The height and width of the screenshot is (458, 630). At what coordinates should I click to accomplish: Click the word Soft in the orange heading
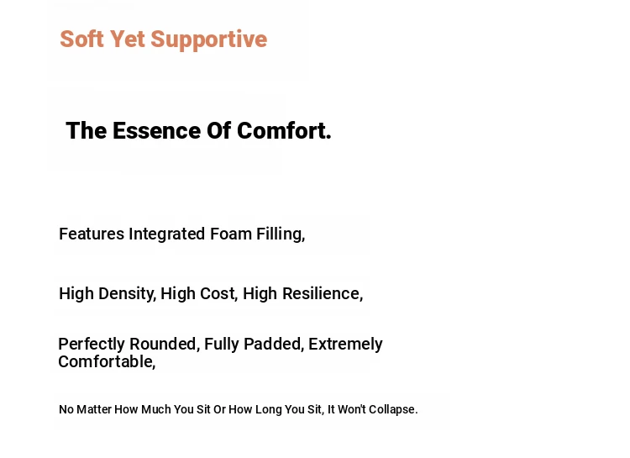[x=81, y=39]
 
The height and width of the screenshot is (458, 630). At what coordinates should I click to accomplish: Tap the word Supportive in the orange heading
[x=209, y=40]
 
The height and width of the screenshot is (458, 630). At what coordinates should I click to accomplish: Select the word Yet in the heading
[x=127, y=39]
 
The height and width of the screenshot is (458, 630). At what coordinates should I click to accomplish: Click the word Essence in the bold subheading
[x=157, y=131]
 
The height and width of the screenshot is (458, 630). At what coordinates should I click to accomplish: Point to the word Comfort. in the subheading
[x=284, y=131]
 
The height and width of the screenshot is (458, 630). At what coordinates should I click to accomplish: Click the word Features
[x=92, y=234]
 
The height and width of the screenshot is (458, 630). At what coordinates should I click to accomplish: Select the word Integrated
[x=167, y=234]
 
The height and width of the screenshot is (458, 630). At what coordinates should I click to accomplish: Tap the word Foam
[x=231, y=234]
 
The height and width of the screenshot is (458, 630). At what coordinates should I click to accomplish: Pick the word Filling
[x=281, y=234]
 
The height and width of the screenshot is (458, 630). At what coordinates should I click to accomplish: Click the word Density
[x=127, y=294]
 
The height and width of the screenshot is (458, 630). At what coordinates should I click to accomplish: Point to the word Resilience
[x=323, y=294]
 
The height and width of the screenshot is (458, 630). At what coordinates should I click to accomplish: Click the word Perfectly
[x=92, y=345]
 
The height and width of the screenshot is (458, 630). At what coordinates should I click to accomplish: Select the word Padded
[x=274, y=345]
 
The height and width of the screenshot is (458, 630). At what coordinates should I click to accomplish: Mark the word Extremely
[x=345, y=345]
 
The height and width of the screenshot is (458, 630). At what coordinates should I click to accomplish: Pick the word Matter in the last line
[x=94, y=409]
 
